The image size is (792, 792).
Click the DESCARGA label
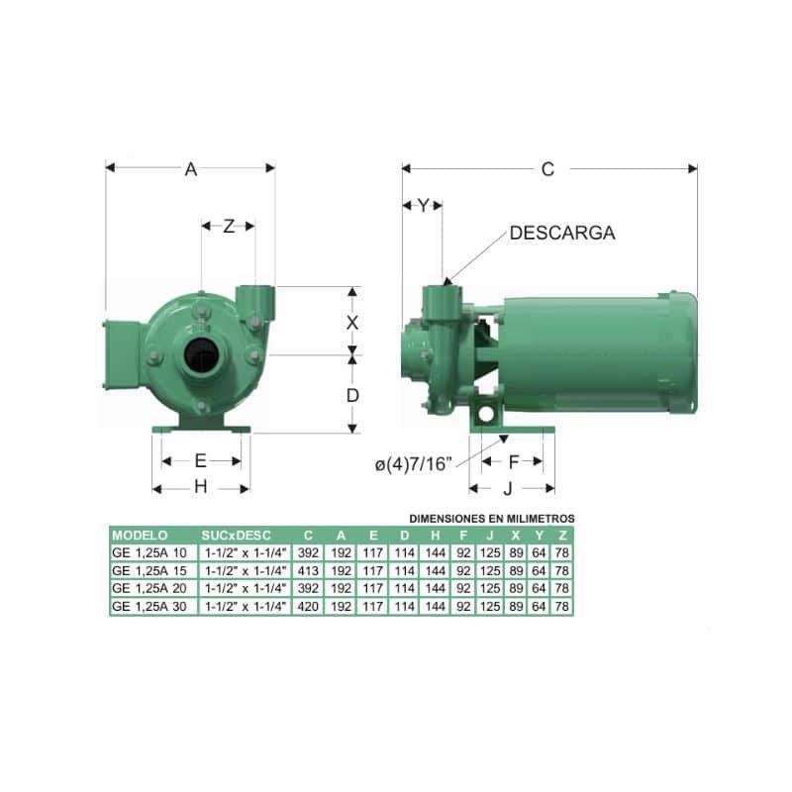coord(562,233)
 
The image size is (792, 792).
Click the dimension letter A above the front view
coord(190,169)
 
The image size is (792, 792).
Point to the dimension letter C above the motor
coord(547,169)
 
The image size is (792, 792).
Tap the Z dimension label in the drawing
coord(229,226)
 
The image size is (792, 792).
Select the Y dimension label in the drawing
coord(423,205)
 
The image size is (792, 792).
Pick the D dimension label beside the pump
coord(352,395)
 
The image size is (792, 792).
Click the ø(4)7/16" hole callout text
coord(413,463)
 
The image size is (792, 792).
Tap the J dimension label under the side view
coord(508,488)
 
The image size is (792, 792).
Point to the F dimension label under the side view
coord(514,461)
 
